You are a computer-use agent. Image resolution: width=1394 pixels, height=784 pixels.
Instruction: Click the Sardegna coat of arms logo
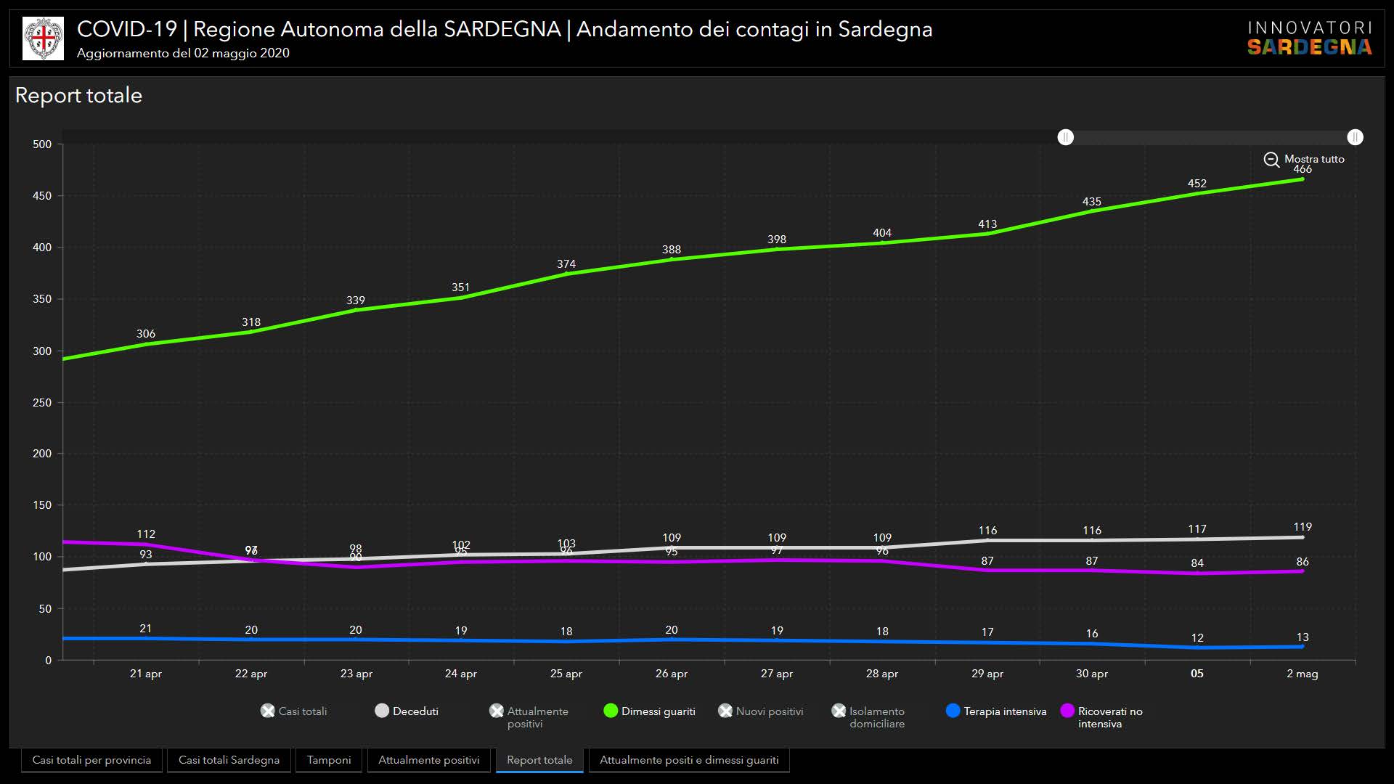(x=43, y=38)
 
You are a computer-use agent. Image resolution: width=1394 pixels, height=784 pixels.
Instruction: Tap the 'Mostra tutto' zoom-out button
(x=1305, y=159)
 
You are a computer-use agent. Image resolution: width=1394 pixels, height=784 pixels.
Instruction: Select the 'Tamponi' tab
(x=329, y=760)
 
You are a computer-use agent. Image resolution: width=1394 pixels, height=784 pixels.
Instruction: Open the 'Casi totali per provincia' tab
(x=91, y=760)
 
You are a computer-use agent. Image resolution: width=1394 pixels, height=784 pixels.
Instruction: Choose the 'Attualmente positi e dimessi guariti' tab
(x=689, y=760)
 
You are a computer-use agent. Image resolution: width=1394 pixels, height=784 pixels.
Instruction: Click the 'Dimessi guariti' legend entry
(x=650, y=711)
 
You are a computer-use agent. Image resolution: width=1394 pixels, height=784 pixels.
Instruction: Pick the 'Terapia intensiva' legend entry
(x=996, y=711)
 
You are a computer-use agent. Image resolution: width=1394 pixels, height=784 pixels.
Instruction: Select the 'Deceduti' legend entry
(x=407, y=711)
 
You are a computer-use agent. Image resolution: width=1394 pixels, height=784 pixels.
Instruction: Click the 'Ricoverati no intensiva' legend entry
(x=1101, y=716)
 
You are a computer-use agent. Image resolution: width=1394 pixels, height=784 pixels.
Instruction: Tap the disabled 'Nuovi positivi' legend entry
(x=761, y=711)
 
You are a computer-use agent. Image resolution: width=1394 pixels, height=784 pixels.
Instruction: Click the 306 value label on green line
(x=146, y=334)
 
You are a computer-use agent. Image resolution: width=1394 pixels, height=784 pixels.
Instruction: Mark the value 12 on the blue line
(x=1197, y=638)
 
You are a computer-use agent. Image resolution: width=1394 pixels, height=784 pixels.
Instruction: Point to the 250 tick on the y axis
(x=42, y=403)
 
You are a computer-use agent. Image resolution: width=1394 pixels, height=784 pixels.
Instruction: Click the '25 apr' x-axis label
(x=566, y=674)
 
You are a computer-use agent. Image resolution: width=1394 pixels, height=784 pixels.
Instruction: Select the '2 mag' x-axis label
(x=1303, y=674)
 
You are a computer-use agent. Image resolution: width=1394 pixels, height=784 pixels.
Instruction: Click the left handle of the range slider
(x=1065, y=137)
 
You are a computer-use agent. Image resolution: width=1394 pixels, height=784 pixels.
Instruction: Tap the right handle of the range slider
(x=1355, y=137)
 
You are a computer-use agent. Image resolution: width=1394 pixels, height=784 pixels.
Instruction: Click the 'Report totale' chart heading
(x=78, y=96)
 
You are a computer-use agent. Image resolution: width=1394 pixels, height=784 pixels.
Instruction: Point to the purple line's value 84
(x=1197, y=563)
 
